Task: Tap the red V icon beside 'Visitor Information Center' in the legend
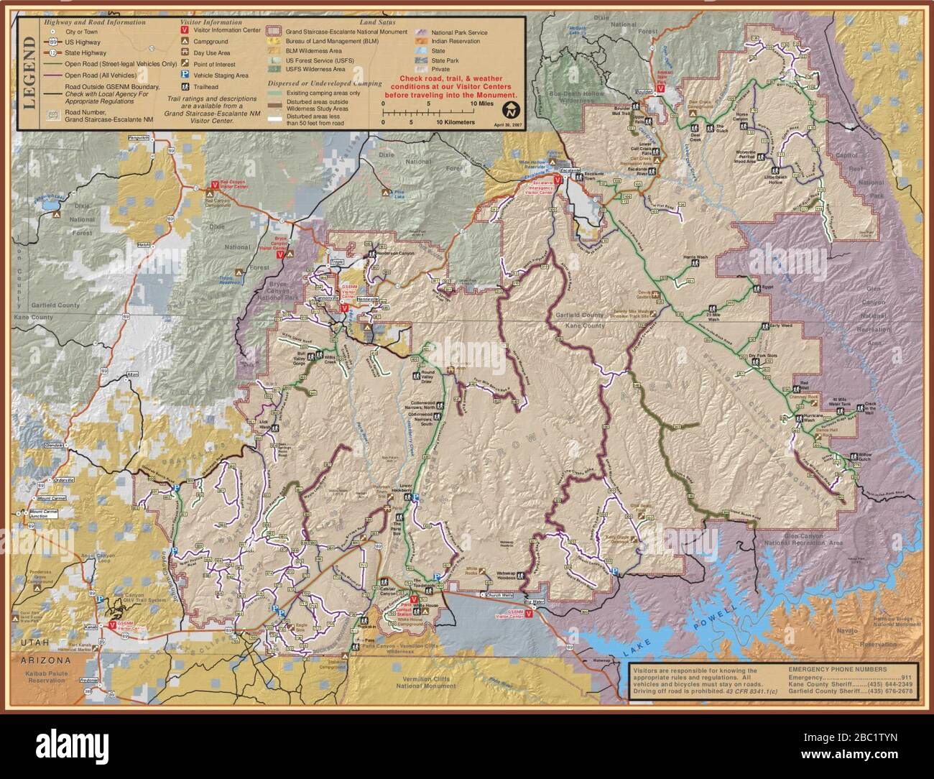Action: click(x=185, y=32)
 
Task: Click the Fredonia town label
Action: click(x=88, y=680)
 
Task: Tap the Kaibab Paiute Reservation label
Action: click(x=42, y=676)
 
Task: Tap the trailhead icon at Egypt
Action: click(x=757, y=288)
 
